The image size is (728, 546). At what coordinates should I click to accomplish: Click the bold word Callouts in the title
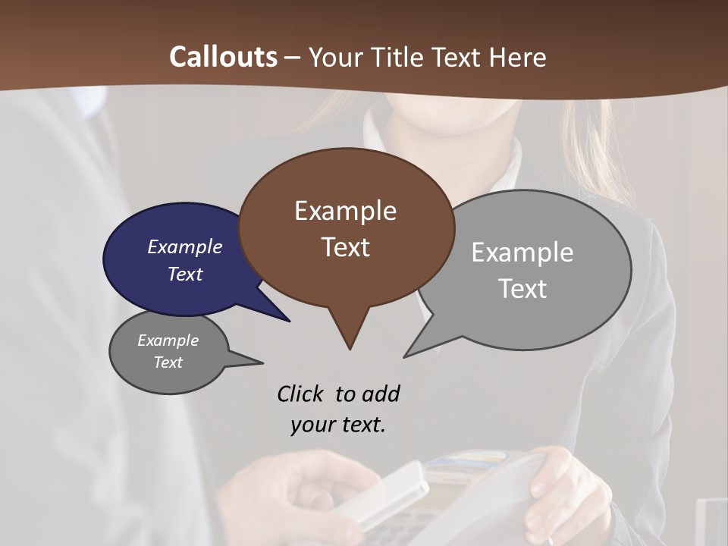pyautogui.click(x=223, y=57)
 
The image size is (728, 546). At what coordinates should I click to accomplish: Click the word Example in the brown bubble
pyautogui.click(x=345, y=211)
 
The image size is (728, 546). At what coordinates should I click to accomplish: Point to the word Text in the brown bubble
pyautogui.click(x=345, y=247)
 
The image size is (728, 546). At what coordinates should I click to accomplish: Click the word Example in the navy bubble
pyautogui.click(x=184, y=246)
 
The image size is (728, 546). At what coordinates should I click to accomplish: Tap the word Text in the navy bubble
pyautogui.click(x=184, y=274)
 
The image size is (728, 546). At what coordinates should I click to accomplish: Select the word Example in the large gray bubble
pyautogui.click(x=522, y=252)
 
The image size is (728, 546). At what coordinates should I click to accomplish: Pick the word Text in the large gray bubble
pyautogui.click(x=522, y=289)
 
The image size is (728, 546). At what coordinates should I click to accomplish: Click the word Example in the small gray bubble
pyautogui.click(x=168, y=340)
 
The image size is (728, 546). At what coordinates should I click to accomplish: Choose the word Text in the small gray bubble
pyautogui.click(x=168, y=362)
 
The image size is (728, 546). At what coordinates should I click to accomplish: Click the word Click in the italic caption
pyautogui.click(x=300, y=394)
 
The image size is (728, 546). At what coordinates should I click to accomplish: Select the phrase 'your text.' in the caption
pyautogui.click(x=337, y=425)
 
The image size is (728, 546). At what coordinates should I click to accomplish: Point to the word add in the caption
pyautogui.click(x=380, y=394)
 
